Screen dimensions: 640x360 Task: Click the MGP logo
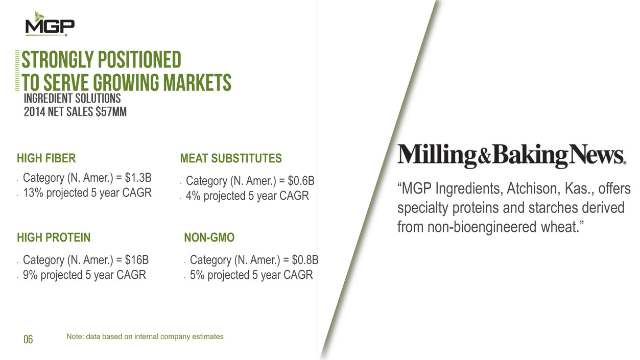(50, 24)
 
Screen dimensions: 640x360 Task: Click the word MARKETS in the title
(197, 82)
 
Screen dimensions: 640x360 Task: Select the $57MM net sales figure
(111, 112)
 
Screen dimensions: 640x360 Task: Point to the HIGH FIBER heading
(46, 158)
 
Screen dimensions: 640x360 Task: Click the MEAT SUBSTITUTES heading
(231, 158)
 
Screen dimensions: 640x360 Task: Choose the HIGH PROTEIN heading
(54, 237)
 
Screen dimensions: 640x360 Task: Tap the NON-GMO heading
(209, 237)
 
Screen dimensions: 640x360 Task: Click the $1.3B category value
(138, 178)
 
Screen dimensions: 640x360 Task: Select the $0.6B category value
(301, 181)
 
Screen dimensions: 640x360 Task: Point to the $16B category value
(136, 260)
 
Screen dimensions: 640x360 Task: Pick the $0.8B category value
(305, 260)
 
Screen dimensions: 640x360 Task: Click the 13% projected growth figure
(33, 193)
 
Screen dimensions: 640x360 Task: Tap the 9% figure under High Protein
(30, 275)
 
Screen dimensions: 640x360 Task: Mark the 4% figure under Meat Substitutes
(193, 196)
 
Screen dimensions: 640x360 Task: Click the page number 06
(28, 339)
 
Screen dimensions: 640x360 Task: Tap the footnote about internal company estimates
(145, 337)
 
